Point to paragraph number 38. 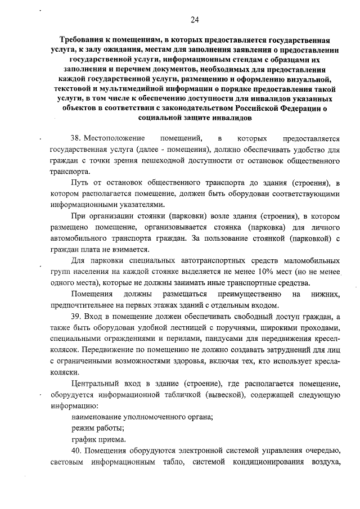[x=76, y=138]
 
